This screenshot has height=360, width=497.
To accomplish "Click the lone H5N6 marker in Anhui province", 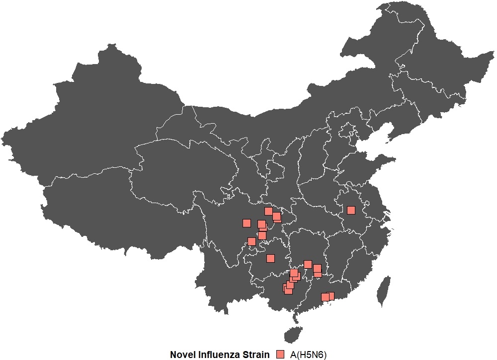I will (351, 210).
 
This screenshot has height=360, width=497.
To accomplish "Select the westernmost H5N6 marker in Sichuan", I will (246, 223).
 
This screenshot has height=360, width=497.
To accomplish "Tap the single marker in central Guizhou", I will (270, 258).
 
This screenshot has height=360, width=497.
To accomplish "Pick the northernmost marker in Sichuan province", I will (268, 211).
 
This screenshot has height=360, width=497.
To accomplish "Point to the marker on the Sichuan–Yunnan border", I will (251, 242).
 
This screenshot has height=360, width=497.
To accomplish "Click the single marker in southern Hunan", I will (308, 264).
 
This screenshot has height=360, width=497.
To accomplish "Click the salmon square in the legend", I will (281, 354).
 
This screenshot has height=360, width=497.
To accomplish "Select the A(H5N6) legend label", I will (309, 355).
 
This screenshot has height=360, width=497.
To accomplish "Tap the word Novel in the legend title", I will (182, 355).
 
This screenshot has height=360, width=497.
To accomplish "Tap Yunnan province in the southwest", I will (229, 278).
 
